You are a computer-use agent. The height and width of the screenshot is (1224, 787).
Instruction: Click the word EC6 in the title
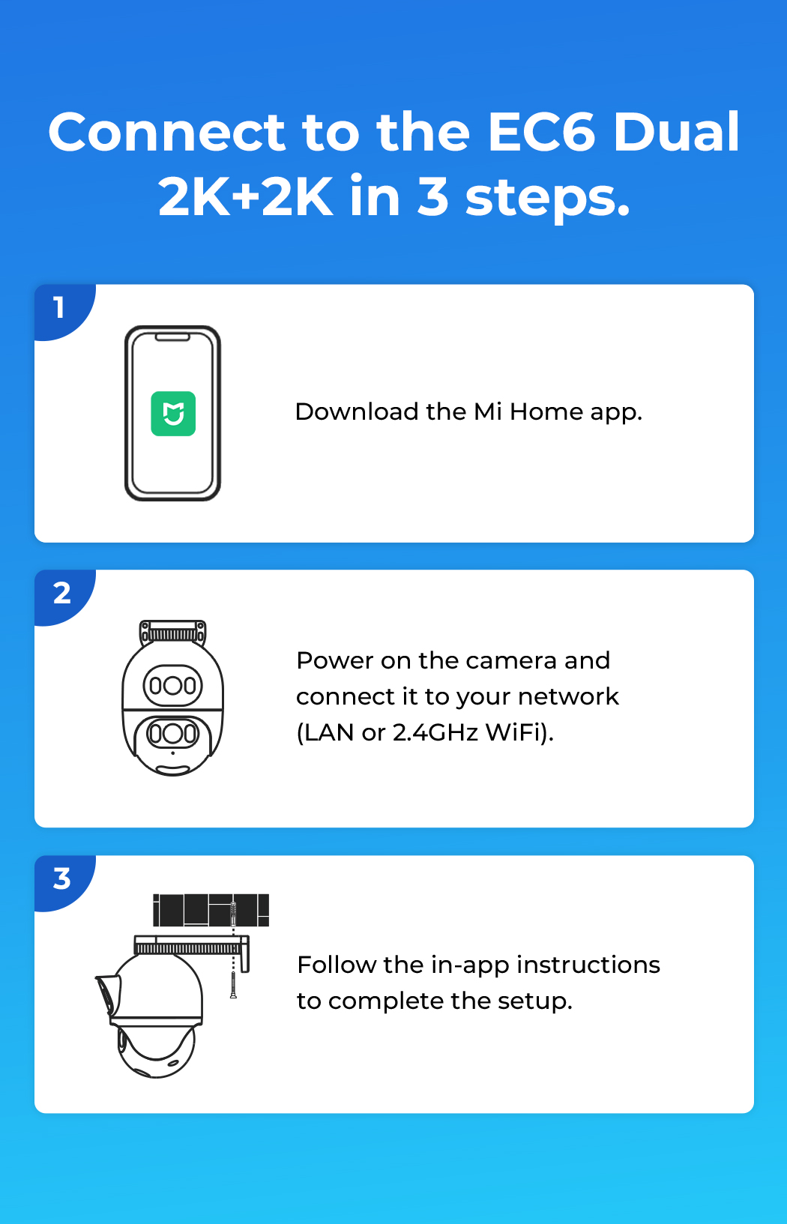click(540, 132)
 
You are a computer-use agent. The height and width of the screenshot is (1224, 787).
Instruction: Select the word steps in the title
click(547, 199)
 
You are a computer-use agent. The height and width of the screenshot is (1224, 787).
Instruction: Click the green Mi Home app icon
click(173, 414)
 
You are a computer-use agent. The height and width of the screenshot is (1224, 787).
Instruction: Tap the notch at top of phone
click(172, 337)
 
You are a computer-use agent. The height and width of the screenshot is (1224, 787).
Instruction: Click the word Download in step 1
click(356, 411)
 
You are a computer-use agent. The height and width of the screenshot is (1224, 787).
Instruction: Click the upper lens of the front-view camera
click(172, 685)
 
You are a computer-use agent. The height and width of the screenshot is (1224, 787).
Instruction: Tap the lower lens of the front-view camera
click(172, 733)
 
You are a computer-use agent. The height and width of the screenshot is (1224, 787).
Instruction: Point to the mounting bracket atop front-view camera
click(172, 633)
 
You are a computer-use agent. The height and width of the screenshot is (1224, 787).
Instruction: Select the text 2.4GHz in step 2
click(435, 733)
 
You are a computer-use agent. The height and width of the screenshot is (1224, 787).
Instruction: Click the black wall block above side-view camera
click(211, 911)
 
